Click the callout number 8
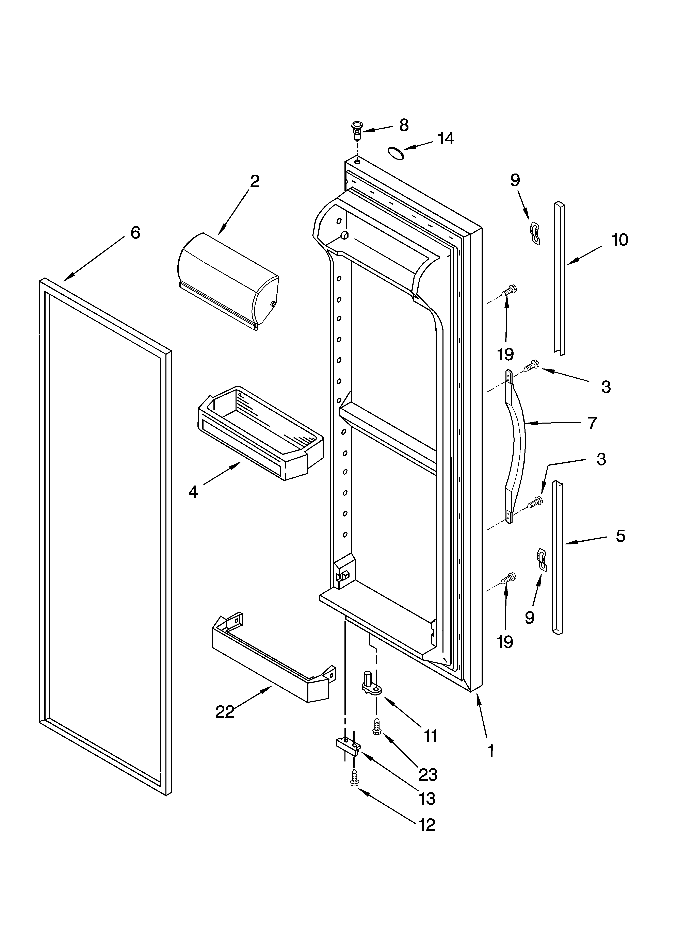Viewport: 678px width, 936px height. [403, 125]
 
